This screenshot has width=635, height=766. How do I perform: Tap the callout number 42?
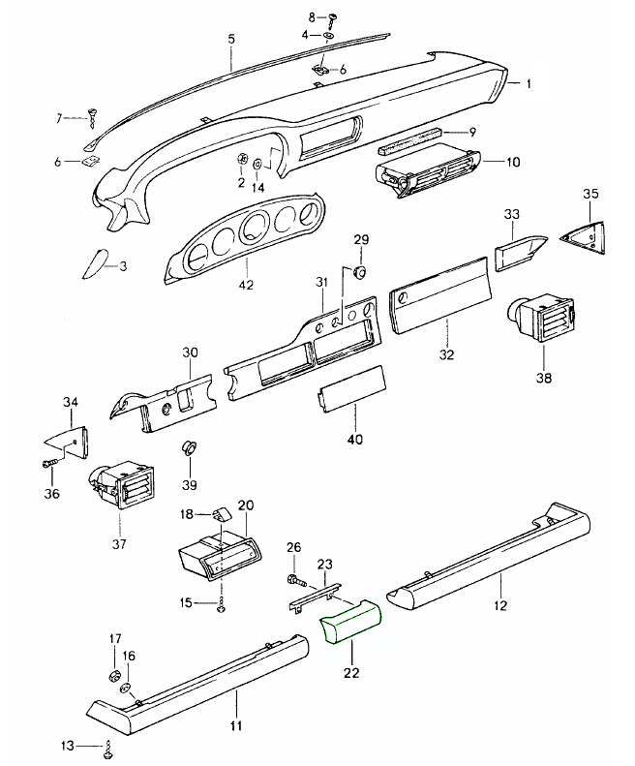(x=246, y=286)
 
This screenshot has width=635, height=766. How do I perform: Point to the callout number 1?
(x=529, y=84)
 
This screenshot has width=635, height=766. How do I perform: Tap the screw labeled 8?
(x=332, y=17)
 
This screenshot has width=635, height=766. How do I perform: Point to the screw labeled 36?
(x=50, y=466)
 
